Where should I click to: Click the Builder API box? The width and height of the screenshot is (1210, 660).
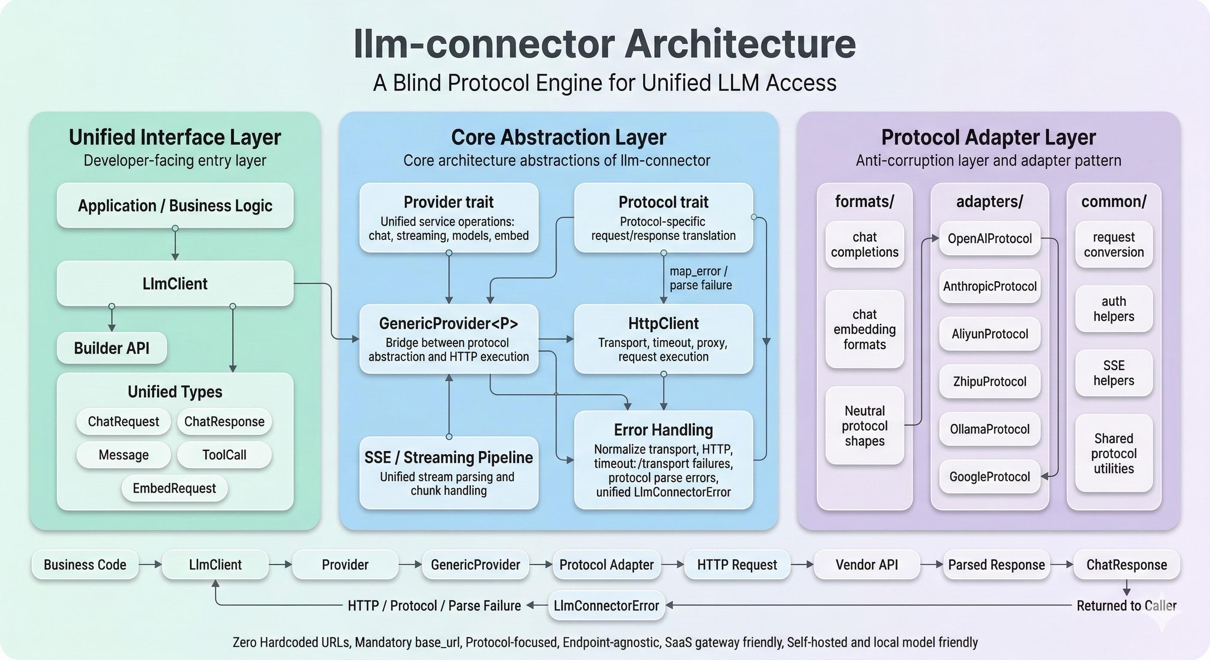111,348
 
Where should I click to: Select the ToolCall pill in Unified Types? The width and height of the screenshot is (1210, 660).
224,455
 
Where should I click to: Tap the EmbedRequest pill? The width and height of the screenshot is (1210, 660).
174,488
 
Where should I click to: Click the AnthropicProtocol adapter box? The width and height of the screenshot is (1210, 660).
989,286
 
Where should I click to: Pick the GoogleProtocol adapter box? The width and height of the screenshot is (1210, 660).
989,477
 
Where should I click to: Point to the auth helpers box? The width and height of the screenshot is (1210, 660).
1113,309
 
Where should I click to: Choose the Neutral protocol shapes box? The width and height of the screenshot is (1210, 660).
864,425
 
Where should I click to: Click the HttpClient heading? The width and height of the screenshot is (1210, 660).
663,323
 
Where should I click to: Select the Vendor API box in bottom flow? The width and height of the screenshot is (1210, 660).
866,564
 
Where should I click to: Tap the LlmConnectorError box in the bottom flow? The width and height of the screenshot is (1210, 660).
606,605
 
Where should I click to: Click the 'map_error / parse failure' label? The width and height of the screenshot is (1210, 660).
700,278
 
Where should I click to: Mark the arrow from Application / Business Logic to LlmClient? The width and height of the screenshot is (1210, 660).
175,244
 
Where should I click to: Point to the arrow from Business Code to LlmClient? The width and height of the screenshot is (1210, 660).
150,564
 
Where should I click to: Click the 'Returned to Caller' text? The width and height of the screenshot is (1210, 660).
1126,605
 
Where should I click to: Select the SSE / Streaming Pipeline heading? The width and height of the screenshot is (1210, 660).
449,457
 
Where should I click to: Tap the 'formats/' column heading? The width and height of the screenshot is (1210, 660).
864,202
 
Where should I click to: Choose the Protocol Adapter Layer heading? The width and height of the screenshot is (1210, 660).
988,137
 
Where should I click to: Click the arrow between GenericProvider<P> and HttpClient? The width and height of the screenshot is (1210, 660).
556,339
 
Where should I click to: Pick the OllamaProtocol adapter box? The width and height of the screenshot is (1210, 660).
989,429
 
